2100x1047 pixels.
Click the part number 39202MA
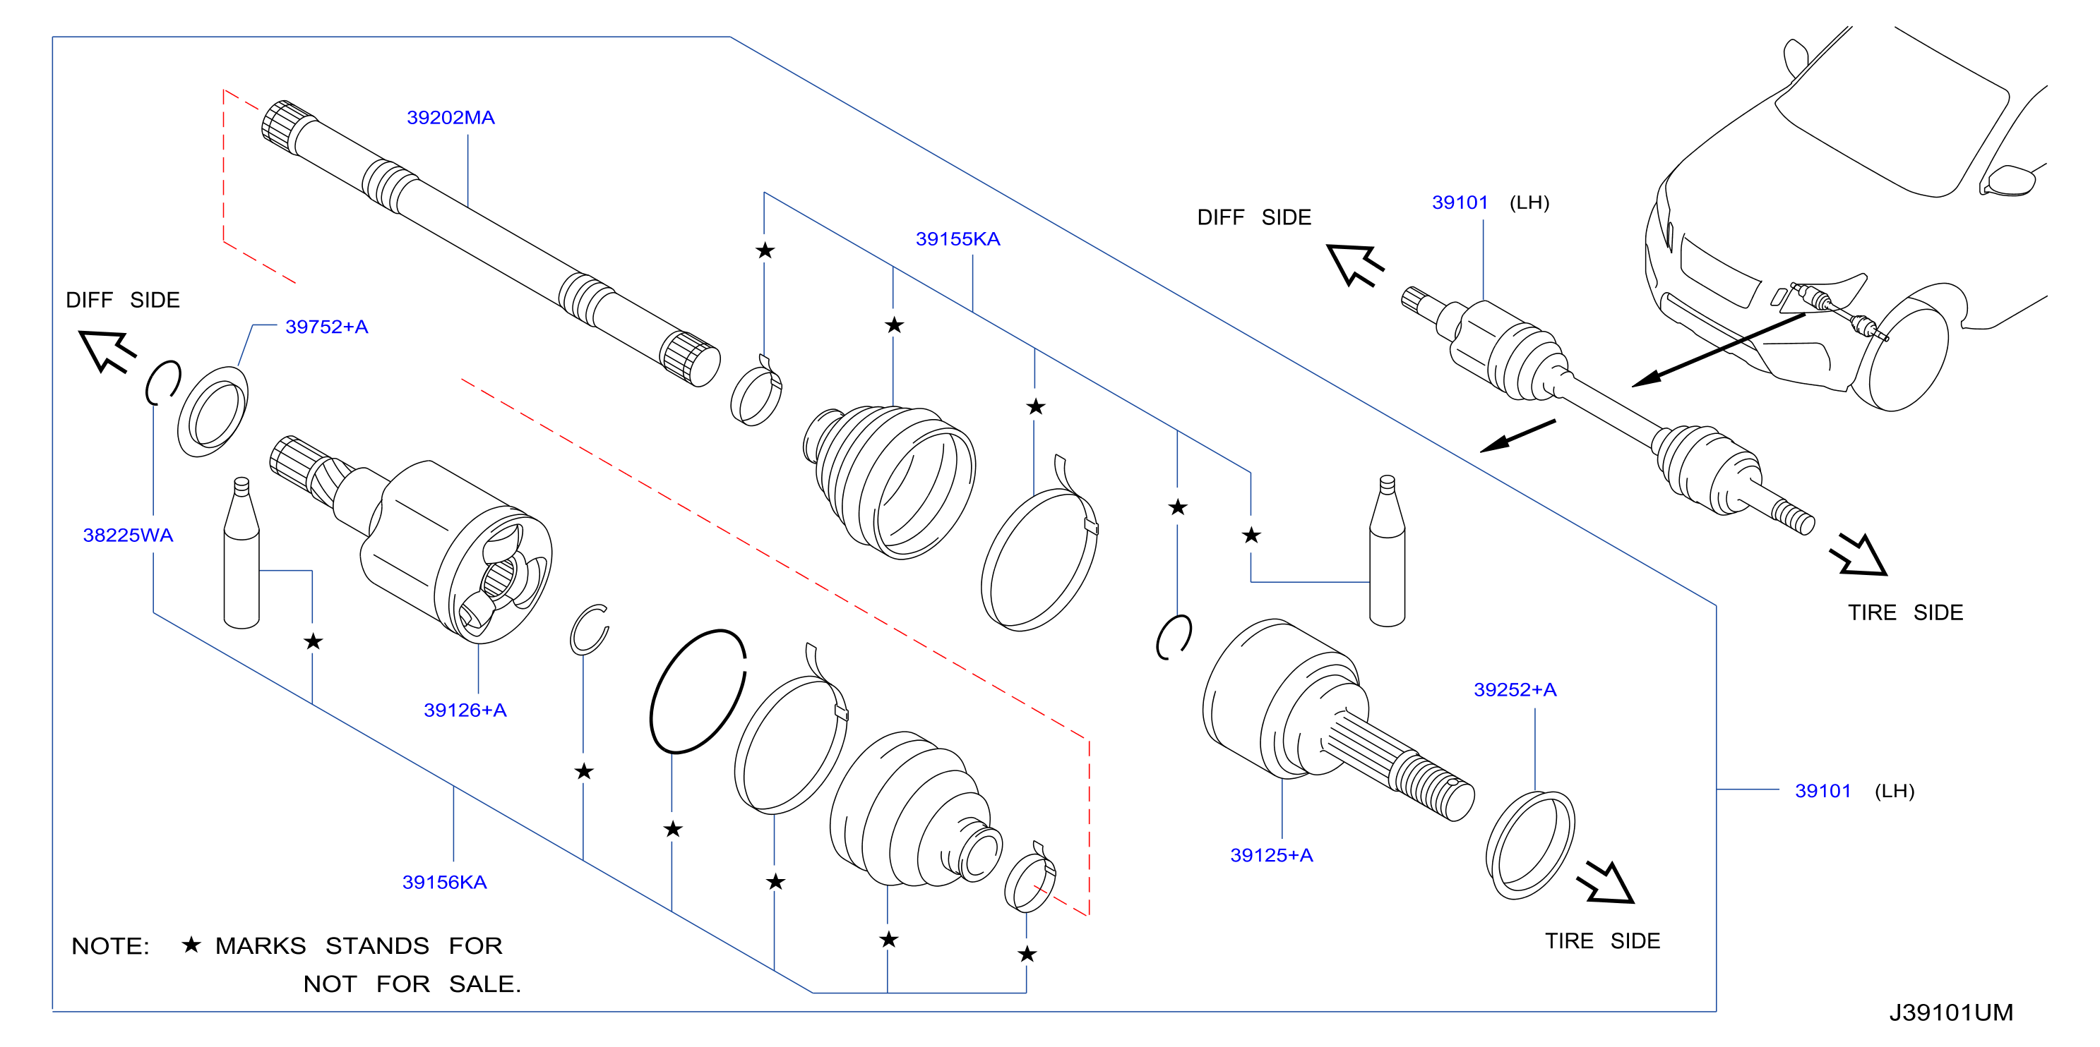pos(451,117)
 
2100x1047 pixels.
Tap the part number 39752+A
pos(326,327)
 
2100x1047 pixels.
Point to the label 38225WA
pos(128,535)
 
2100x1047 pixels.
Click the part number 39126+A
pos(465,710)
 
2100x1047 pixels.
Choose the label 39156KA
pos(444,883)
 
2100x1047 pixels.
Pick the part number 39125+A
pos(1271,856)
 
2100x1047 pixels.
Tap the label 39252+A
pos(1515,690)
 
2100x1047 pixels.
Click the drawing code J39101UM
pos(1951,1012)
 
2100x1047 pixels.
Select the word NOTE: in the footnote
pos(110,946)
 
